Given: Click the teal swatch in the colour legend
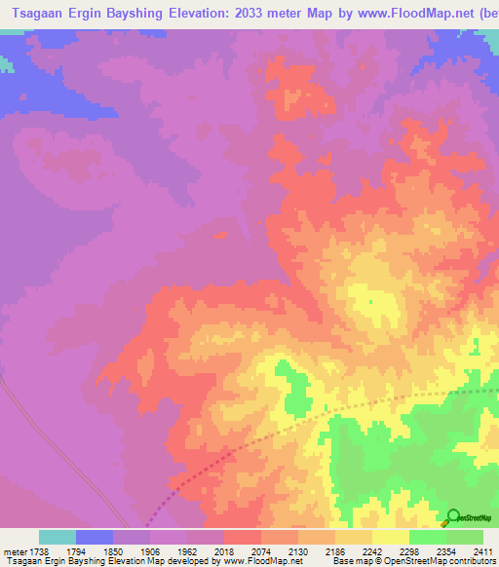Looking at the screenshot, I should [x=58, y=537].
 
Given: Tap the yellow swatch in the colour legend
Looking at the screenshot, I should [x=390, y=537].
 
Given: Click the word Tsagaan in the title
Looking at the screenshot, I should [x=40, y=14].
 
